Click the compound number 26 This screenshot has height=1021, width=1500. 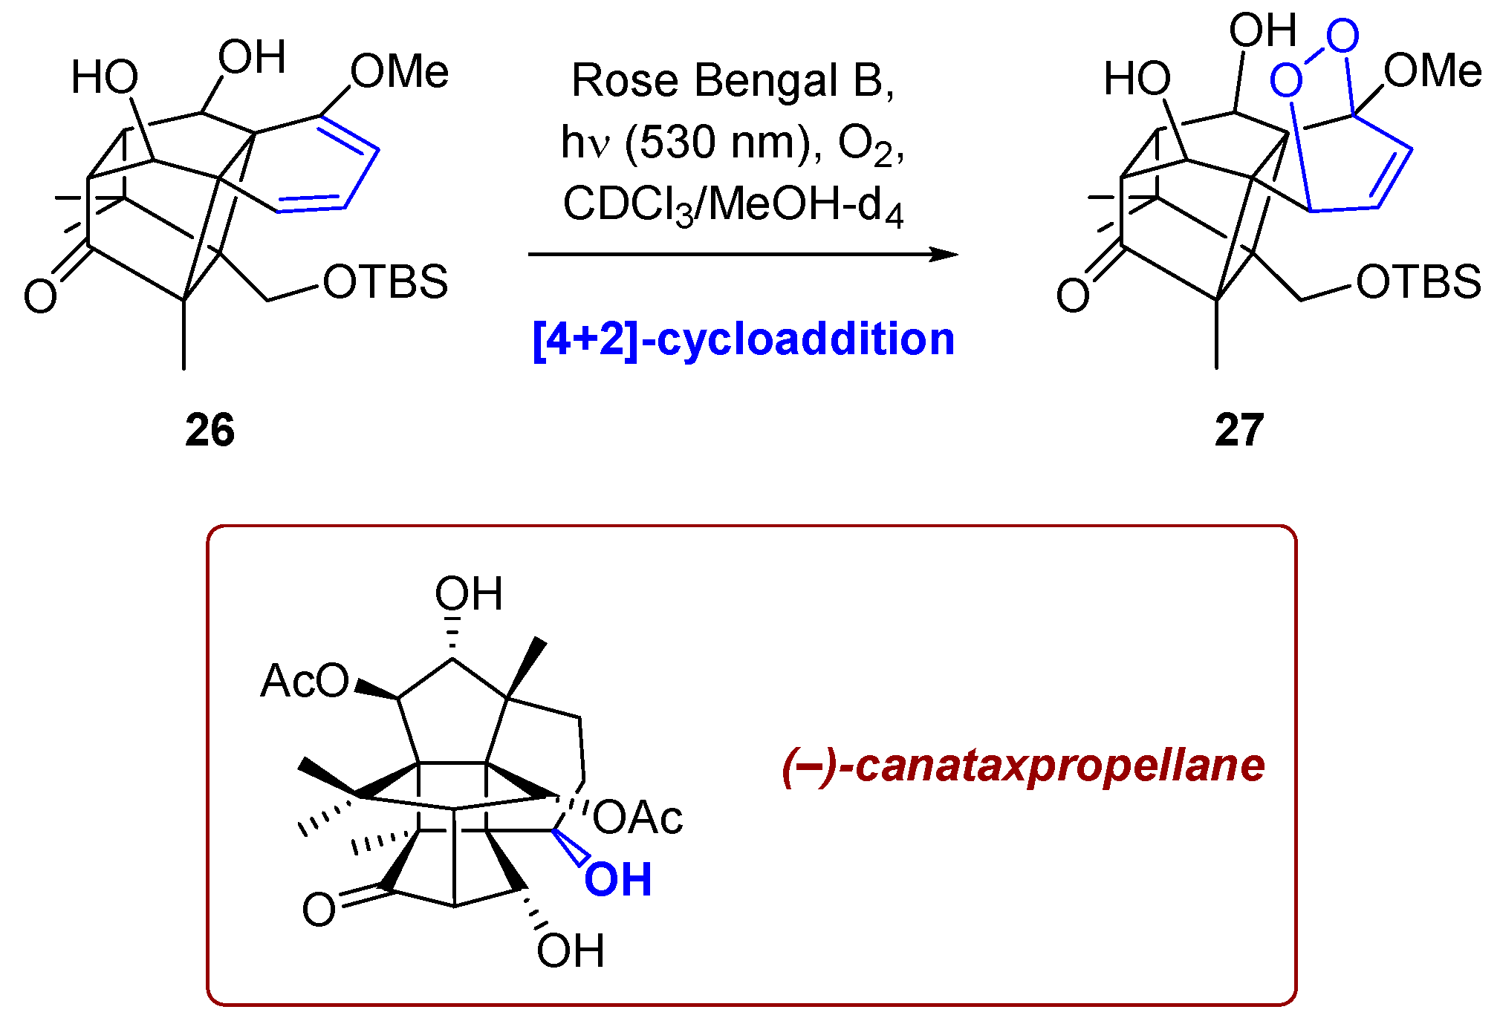210,430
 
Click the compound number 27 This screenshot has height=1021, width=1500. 1239,430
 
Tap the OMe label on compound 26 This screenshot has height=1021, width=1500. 400,72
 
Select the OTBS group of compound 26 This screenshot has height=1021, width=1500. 386,282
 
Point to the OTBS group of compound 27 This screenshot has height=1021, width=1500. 1418,282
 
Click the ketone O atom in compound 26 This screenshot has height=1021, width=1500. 40,296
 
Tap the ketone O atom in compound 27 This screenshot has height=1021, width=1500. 1073,296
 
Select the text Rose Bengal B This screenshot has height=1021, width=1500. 732,80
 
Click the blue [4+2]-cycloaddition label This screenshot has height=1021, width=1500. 744,339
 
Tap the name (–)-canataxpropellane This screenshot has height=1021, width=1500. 1023,766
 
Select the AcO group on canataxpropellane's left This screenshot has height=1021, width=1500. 305,681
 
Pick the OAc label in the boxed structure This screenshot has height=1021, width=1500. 637,818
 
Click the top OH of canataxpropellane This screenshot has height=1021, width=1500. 469,594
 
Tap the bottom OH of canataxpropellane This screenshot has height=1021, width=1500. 571,950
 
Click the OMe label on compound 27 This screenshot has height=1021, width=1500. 1432,72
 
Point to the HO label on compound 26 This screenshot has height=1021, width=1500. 105,78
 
